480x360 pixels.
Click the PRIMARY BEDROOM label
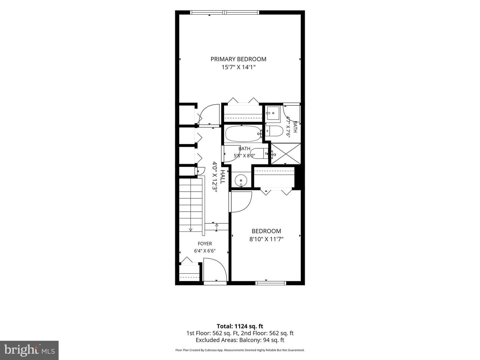coord(238,59)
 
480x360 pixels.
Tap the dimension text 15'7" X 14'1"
coord(238,67)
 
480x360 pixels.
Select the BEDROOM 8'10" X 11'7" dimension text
coord(266,239)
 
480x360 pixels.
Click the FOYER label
coord(205,243)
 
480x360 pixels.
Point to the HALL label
coord(222,177)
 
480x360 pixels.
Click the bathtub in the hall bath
coord(243,134)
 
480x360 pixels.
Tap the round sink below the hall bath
coord(241,181)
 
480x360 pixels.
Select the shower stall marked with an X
coord(286,154)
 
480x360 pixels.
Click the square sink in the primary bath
coord(273,113)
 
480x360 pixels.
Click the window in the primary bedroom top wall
coord(224,12)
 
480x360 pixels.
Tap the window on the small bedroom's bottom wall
coord(271,283)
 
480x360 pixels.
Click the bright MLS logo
coord(29,350)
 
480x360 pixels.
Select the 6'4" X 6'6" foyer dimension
coord(205,251)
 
